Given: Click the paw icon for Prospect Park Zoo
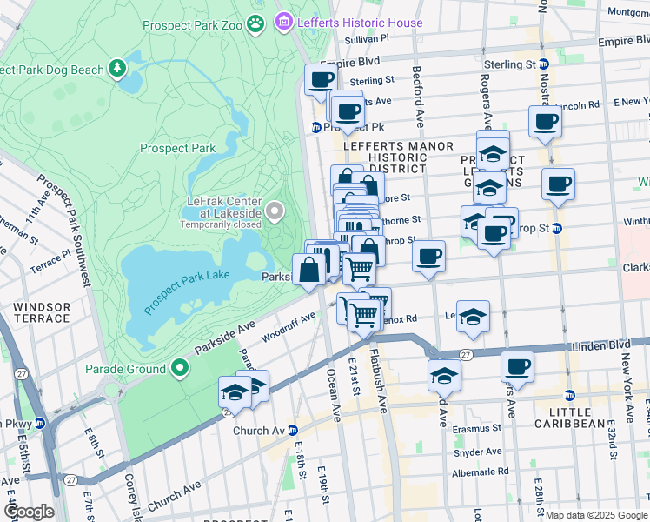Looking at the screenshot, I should [255, 23].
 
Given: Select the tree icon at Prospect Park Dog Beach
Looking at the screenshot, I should [117, 69].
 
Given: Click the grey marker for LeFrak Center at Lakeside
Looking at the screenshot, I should [275, 211].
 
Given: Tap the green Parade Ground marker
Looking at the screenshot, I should [180, 369].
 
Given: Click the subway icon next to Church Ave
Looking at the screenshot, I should [293, 431].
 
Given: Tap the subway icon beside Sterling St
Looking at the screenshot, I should [544, 64].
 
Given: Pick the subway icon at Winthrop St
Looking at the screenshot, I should [557, 229].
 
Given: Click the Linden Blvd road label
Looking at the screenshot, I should [600, 347].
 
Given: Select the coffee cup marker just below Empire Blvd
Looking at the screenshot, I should [320, 80].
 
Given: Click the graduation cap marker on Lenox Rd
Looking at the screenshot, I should [473, 316].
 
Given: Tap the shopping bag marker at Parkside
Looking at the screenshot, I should [309, 270].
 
